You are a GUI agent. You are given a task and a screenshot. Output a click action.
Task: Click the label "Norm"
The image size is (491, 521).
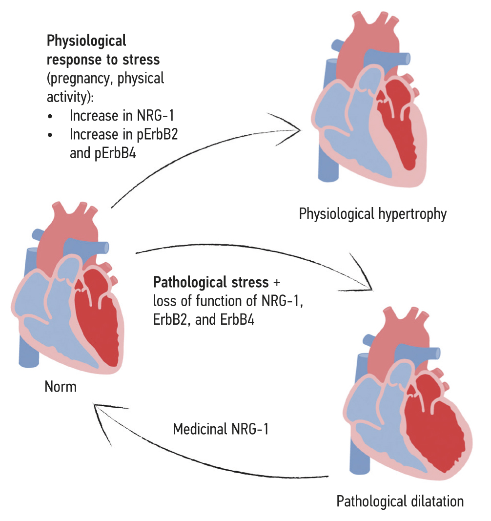[x=61, y=387]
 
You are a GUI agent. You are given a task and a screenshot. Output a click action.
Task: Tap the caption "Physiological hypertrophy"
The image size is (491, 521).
[x=373, y=214]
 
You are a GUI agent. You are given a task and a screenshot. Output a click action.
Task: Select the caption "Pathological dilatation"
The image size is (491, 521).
[x=400, y=501]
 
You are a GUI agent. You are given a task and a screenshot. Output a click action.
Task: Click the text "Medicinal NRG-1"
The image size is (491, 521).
[x=221, y=430]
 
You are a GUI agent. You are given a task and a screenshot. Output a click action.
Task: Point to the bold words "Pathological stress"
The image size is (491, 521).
[x=211, y=282]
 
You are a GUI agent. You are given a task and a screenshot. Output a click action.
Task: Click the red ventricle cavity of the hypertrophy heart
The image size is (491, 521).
[x=399, y=125]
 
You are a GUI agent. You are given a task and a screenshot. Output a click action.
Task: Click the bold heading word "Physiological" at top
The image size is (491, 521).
[x=86, y=41]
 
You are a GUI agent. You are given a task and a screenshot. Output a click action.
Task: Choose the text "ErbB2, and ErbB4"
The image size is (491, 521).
[x=201, y=321]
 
